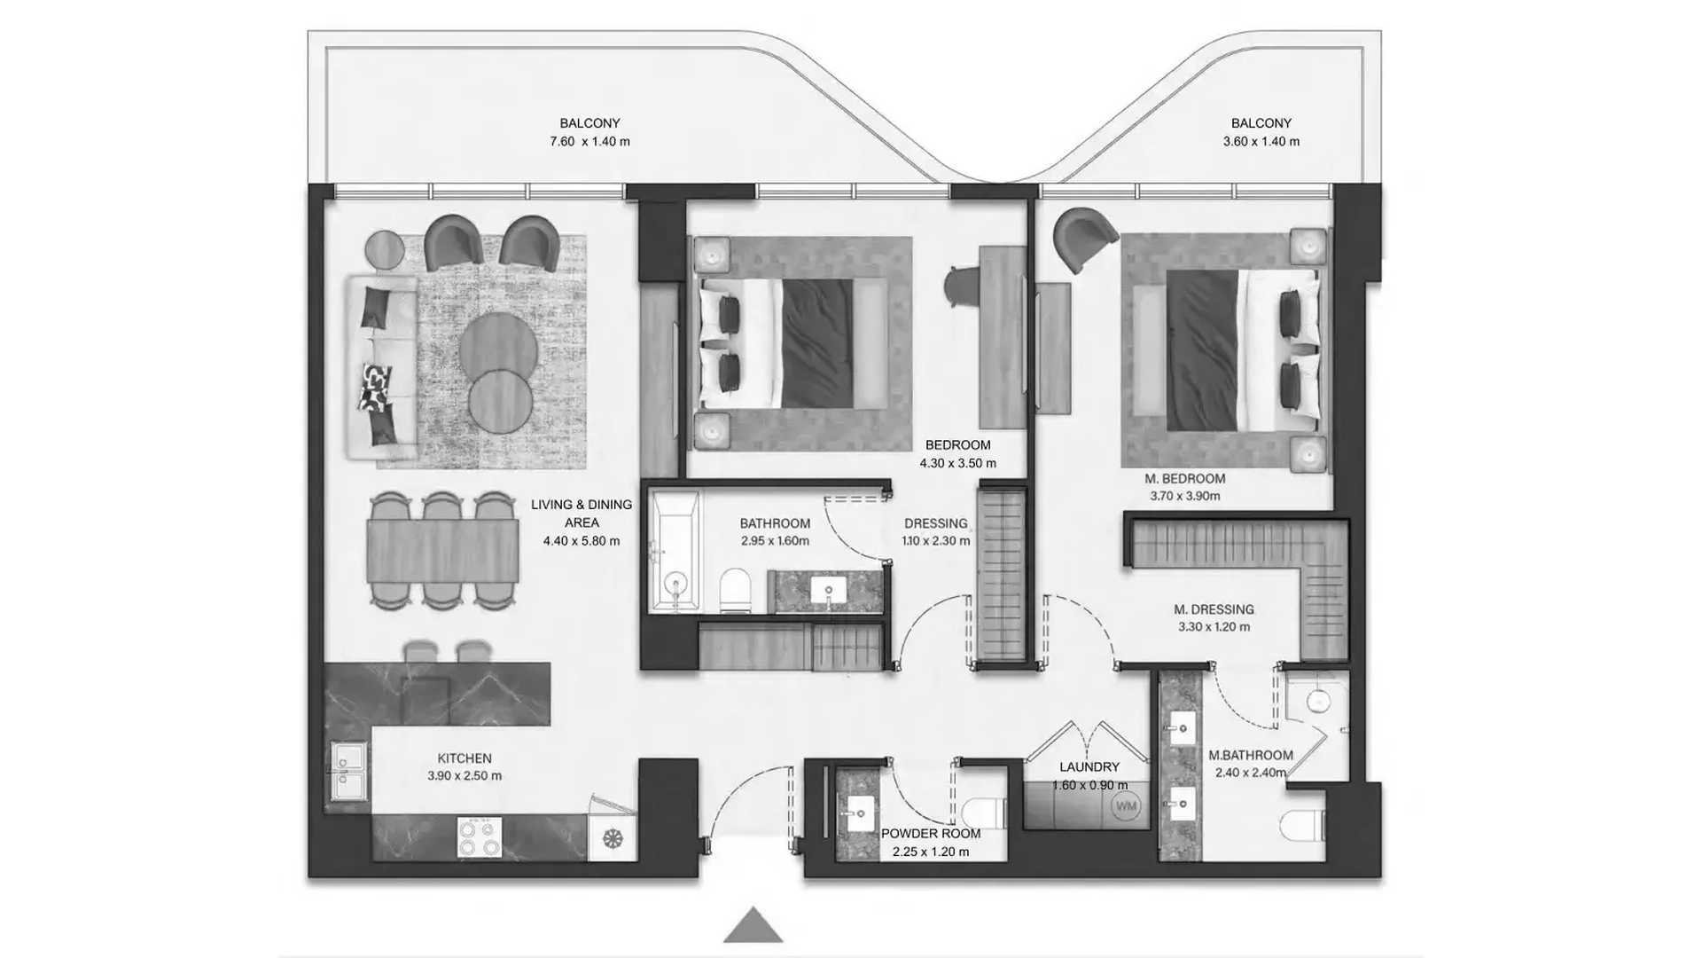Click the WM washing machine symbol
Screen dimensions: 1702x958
tap(1126, 806)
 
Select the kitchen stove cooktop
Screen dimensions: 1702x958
tap(479, 836)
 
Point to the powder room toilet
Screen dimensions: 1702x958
tap(984, 812)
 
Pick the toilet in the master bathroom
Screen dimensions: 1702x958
tap(1302, 826)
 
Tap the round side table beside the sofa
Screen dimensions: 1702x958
tap(385, 249)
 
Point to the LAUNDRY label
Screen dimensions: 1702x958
tap(1089, 767)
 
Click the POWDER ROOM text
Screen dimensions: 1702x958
tap(931, 834)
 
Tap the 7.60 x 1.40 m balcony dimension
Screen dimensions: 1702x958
tap(589, 141)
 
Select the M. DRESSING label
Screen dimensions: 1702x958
tap(1214, 609)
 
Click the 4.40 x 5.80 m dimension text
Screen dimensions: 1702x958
tap(582, 540)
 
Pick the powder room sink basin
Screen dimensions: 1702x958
tap(858, 813)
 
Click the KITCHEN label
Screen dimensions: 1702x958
tap(465, 758)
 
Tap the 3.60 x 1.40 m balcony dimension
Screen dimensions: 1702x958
tap(1261, 141)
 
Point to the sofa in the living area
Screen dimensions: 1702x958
tap(382, 367)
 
